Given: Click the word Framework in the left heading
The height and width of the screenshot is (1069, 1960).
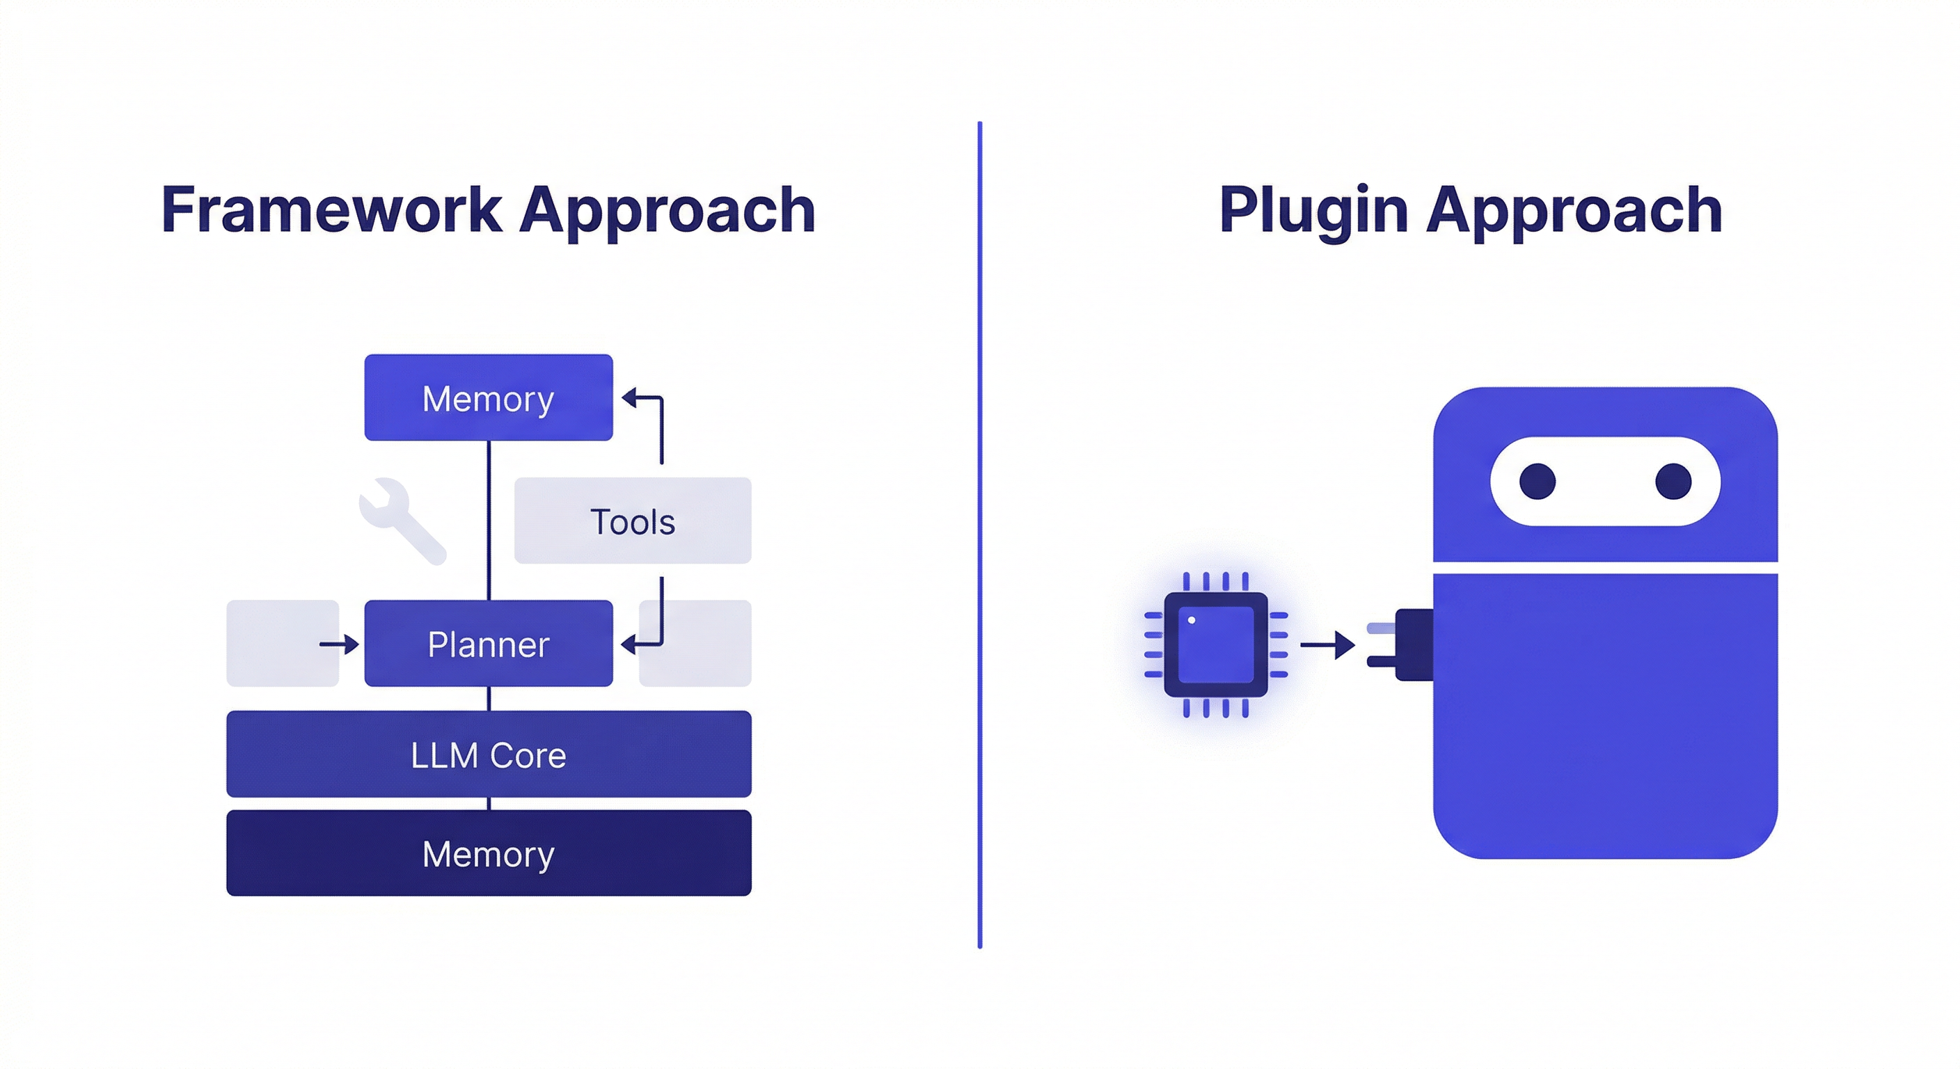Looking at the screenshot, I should point(331,211).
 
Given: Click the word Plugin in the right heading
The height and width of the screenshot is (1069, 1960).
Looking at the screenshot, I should point(1313,211).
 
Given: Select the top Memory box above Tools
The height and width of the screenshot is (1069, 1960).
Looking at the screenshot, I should point(488,397).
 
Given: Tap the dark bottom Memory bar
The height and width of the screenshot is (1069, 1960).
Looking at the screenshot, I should point(488,853).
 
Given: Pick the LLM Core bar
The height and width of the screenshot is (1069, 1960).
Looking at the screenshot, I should point(488,754).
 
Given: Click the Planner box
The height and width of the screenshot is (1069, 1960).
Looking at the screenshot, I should point(488,644).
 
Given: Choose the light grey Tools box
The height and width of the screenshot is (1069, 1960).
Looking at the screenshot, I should point(632,521).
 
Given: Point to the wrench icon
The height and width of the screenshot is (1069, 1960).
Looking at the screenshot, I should point(401,520).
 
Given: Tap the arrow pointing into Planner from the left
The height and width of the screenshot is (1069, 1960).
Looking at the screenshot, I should point(340,644).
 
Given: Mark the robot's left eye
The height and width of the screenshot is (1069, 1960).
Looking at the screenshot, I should point(1537,482).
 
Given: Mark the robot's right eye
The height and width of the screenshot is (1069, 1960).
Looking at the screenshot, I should point(1673,482).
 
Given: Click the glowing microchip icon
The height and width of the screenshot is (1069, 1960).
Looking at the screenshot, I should point(1215,644).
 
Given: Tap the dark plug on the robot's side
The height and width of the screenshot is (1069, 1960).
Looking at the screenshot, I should point(1412,645).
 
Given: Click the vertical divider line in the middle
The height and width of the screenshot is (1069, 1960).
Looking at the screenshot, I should point(979,532).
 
